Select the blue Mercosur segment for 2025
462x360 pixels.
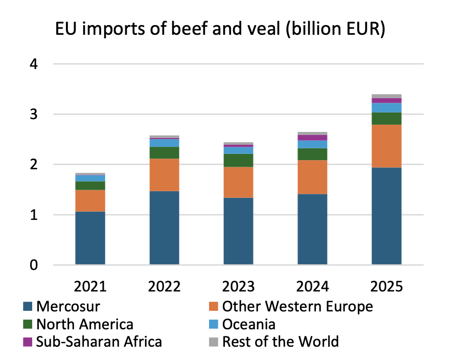(386, 216)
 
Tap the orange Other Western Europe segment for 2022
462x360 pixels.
(164, 174)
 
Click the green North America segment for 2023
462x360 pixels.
(238, 160)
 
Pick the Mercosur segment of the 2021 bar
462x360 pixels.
(90, 238)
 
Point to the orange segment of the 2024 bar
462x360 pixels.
(312, 177)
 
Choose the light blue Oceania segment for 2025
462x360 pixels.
(386, 107)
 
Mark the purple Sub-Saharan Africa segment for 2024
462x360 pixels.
(312, 138)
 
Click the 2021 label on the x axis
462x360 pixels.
(90, 285)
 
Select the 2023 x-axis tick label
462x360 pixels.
(238, 285)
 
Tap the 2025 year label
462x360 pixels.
(386, 285)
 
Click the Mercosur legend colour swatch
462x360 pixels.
(28, 307)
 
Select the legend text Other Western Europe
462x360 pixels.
(297, 307)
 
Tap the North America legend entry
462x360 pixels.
(84, 324)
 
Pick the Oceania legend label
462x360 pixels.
(249, 324)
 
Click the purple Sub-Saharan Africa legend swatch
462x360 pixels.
(28, 341)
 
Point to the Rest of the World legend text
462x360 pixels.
(280, 341)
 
